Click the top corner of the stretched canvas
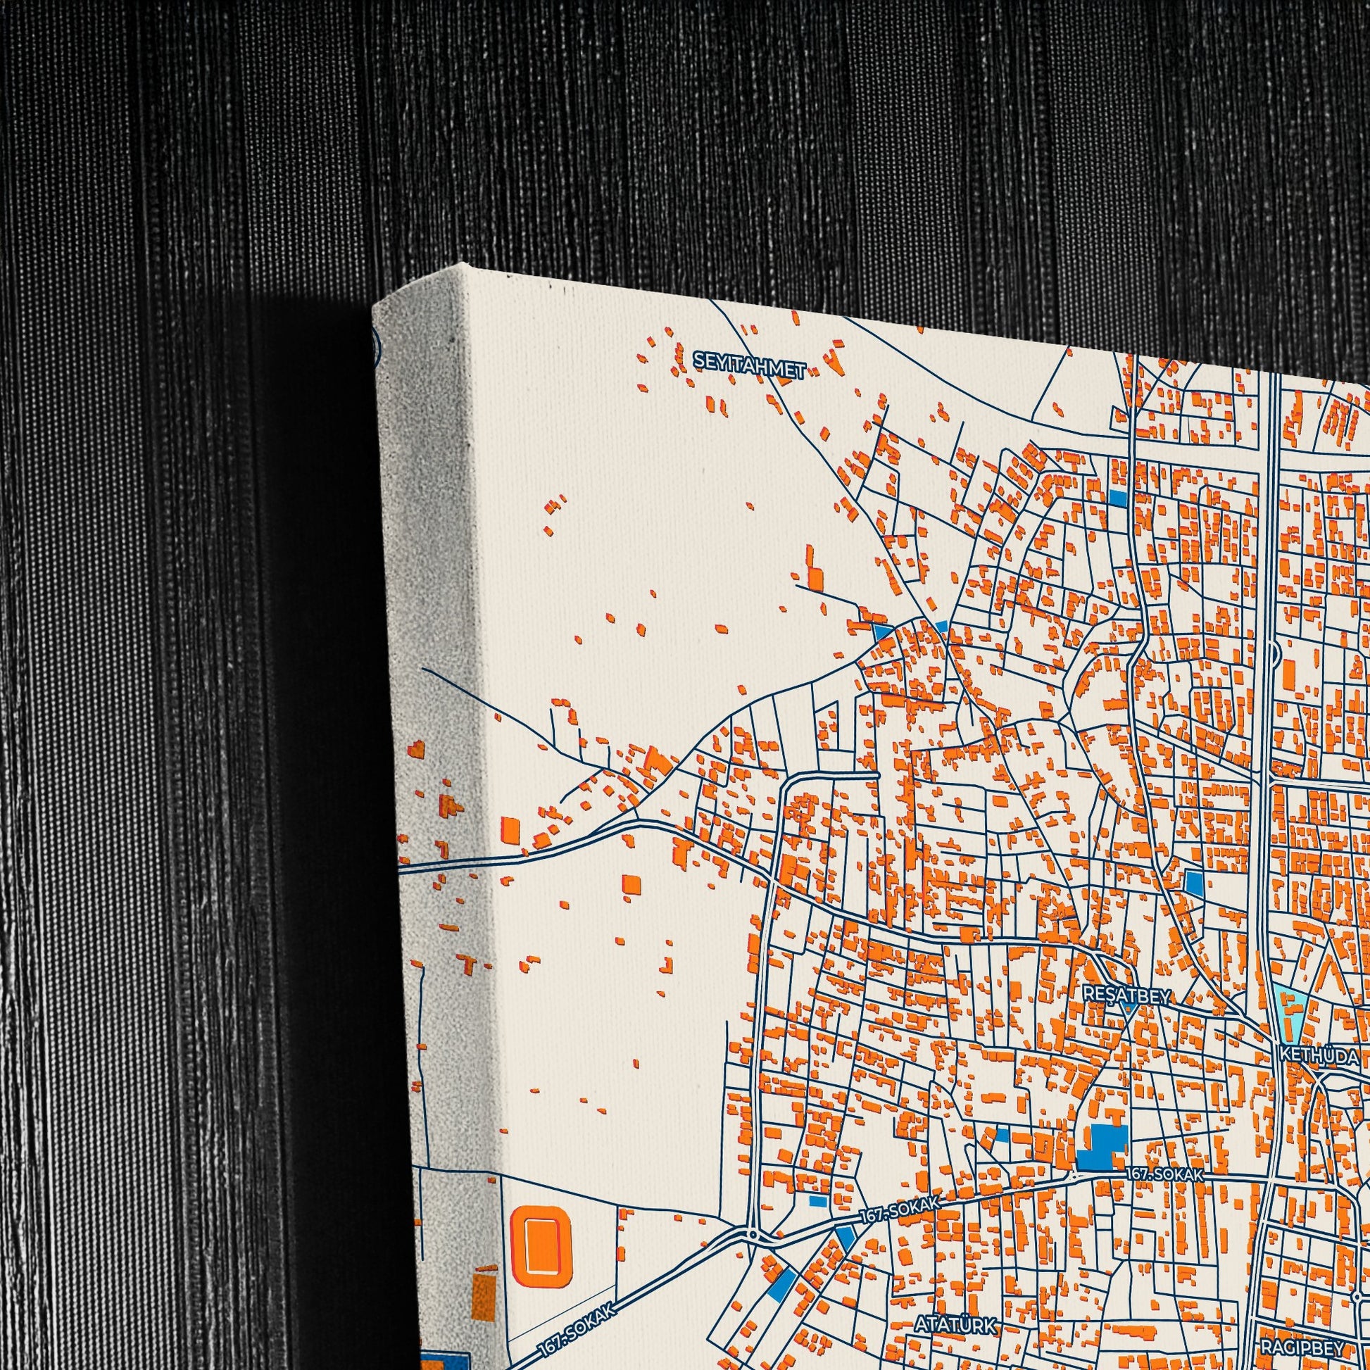coord(465,265)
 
